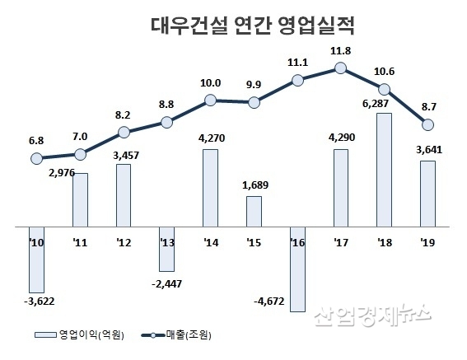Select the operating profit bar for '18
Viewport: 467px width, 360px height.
click(x=383, y=169)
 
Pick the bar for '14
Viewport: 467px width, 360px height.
click(x=211, y=186)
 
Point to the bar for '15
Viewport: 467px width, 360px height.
click(x=254, y=210)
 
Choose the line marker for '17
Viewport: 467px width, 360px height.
click(x=340, y=69)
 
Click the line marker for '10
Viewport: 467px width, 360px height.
click(x=36, y=158)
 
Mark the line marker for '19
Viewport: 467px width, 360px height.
click(x=427, y=124)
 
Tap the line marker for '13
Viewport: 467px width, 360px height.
click(x=166, y=122)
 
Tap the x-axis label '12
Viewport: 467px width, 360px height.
click(x=124, y=242)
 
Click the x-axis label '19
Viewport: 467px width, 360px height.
click(x=427, y=242)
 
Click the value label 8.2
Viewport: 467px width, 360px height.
click(x=124, y=116)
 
